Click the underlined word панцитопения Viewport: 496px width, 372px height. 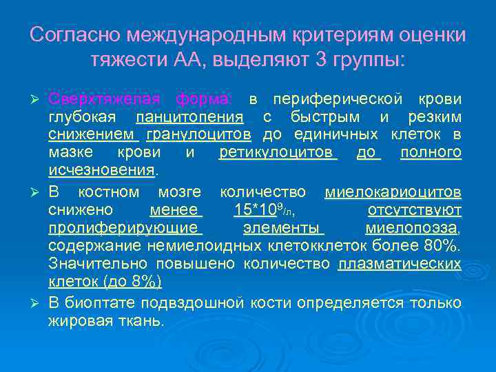[189, 116]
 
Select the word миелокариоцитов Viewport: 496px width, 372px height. [393, 192]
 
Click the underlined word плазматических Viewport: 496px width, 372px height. [400, 264]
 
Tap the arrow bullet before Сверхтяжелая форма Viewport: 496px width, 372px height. [39, 99]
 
